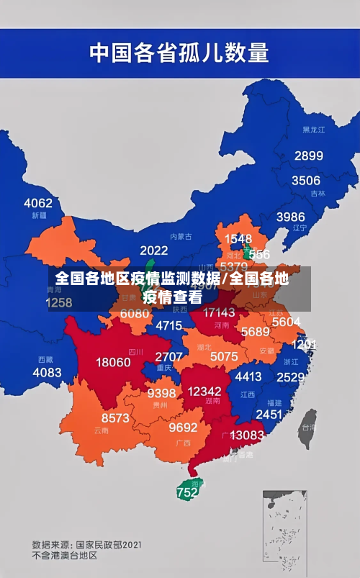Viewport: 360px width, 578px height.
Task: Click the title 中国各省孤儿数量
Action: coord(179,52)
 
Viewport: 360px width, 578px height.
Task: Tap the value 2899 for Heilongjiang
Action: coord(308,155)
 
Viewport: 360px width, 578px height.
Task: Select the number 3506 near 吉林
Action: coord(305,181)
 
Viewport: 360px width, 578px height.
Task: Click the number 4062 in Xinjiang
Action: coord(38,203)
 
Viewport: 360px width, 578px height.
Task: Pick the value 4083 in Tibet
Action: coord(47,372)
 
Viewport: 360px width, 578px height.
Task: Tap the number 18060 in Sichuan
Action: coord(114,362)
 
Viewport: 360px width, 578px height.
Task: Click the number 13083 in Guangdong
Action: coord(247,435)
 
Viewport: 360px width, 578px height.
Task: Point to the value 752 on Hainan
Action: coord(186,493)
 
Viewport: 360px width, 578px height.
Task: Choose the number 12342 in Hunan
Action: coord(204,391)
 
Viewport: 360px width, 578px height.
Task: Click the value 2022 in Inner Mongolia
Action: coord(153,250)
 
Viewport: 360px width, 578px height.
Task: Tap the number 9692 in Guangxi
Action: coord(183,428)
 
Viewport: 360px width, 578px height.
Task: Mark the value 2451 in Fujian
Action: coord(269,414)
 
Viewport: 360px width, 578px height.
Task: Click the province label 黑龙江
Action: coord(313,130)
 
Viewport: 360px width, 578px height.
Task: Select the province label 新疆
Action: coord(39,215)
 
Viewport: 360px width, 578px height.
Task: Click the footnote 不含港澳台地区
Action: coord(64,556)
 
